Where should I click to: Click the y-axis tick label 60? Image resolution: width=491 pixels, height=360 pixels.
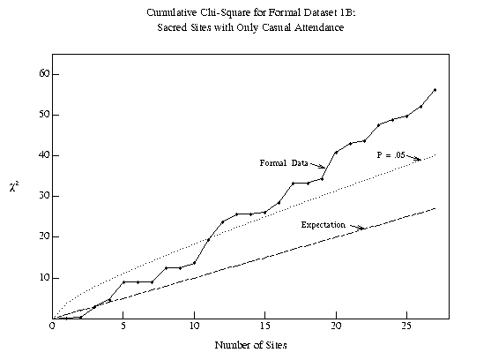[x=44, y=73]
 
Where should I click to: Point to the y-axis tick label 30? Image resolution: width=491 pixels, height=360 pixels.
[x=44, y=196]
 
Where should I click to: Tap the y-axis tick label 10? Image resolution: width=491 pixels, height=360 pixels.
[x=44, y=278]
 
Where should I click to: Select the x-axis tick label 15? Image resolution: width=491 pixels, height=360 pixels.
[x=265, y=326]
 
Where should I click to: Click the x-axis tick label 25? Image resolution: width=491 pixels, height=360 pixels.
[x=406, y=326]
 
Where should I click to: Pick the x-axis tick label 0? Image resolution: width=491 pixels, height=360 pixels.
[x=52, y=326]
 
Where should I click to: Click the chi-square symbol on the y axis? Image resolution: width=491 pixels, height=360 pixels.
[x=14, y=187]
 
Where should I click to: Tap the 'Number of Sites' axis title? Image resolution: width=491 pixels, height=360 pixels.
[x=250, y=345]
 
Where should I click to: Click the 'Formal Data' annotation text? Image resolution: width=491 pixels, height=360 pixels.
[x=284, y=163]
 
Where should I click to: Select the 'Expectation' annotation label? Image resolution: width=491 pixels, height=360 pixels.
[x=324, y=225]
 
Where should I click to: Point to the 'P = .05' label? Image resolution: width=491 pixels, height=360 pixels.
[x=391, y=155]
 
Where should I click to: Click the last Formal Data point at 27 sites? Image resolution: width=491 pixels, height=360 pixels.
[x=435, y=90]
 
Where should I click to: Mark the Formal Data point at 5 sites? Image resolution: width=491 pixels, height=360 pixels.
[x=123, y=282]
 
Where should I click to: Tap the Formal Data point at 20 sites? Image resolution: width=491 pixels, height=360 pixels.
[x=336, y=153]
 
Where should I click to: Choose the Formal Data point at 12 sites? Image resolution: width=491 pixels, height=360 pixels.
[x=223, y=222]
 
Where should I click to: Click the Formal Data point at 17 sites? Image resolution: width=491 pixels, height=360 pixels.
[x=294, y=184]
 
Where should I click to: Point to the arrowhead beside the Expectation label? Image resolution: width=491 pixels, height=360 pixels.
[x=362, y=229]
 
